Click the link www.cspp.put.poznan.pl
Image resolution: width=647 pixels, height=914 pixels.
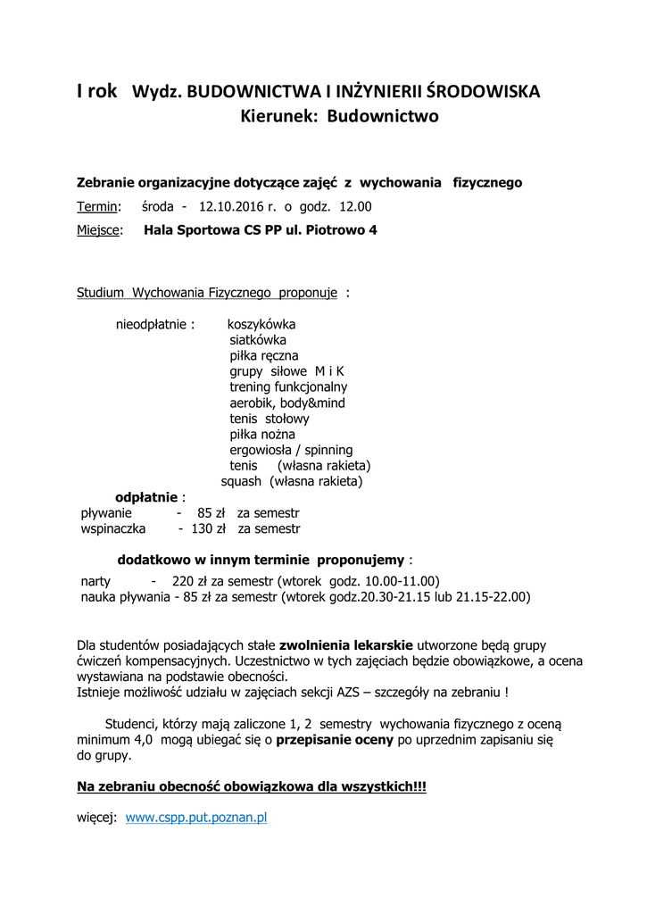(196, 817)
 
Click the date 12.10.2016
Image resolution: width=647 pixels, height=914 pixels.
(231, 207)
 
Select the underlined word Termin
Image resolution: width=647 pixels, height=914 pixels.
(97, 207)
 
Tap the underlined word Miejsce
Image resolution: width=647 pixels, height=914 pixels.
(102, 230)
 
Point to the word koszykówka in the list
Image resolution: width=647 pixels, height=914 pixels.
(261, 324)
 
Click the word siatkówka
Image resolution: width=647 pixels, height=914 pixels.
(258, 340)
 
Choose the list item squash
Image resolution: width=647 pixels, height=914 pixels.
(241, 481)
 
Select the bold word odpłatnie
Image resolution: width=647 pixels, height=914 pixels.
(147, 497)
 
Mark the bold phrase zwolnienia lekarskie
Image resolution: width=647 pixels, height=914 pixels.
(346, 644)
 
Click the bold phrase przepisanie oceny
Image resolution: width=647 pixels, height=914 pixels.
(331, 740)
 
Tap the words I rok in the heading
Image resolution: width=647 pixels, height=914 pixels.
(97, 91)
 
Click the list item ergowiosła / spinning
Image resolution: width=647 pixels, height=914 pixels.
(291, 450)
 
